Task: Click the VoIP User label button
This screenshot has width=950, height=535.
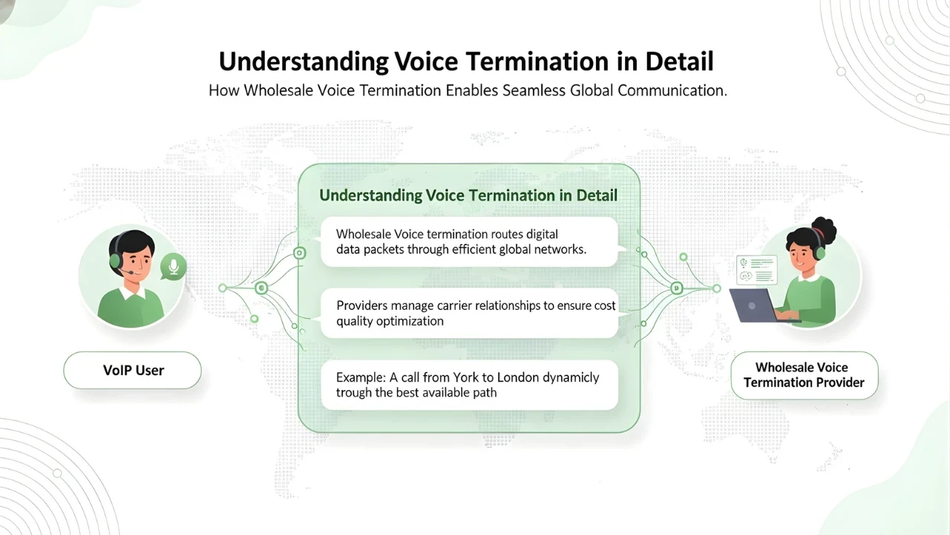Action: [133, 370]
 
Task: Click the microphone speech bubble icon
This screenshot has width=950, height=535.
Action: [174, 267]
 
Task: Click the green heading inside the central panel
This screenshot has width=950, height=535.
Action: [468, 195]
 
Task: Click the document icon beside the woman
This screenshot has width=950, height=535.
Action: [756, 269]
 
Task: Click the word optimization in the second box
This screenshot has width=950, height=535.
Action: [411, 321]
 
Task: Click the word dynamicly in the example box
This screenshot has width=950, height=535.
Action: [571, 377]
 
